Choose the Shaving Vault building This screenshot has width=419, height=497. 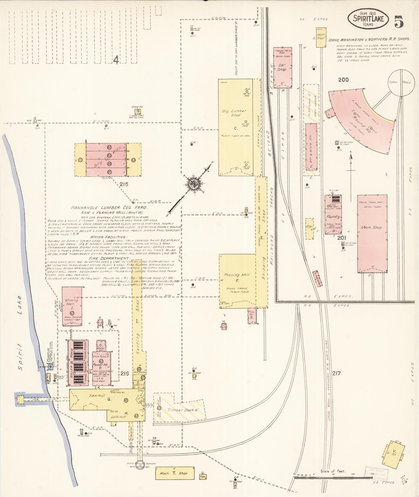pos(72,306)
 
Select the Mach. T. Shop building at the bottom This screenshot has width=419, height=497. pos(175,473)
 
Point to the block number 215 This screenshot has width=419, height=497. pos(124,184)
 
